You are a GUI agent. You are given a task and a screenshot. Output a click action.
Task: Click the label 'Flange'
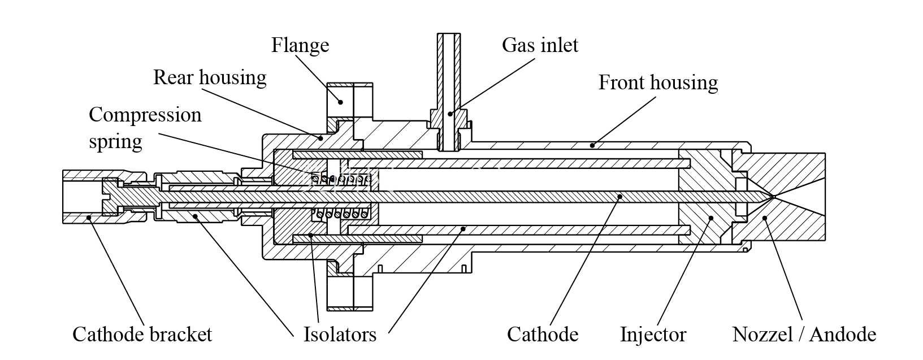pos(300,45)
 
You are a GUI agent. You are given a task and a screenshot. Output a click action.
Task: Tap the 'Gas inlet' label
pos(540,45)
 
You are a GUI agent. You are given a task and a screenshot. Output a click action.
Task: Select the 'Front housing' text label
pos(658,83)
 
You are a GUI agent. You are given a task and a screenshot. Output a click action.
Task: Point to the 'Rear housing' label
pos(210,77)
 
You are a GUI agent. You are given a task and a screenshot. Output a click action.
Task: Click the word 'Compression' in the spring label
pos(145,115)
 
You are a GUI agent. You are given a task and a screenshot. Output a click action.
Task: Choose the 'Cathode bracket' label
pos(142,334)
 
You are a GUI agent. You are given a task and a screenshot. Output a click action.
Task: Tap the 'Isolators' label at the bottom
pos(340,334)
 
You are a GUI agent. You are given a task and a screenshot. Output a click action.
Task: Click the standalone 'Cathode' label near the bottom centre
pos(542,334)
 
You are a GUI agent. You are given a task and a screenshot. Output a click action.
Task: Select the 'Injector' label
pos(653,334)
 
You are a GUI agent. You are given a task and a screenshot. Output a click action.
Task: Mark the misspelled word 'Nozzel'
pos(762,334)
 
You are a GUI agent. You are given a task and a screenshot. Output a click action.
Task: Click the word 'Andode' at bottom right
pos(843,334)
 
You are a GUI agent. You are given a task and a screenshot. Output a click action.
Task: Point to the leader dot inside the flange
pos(340,102)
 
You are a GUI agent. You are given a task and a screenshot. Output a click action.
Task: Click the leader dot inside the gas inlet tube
pos(450,114)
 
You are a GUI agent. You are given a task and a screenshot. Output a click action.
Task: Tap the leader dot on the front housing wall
pos(592,145)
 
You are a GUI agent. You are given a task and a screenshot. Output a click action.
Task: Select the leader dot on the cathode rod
pos(619,197)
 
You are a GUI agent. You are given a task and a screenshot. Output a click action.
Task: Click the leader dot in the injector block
pos(710,218)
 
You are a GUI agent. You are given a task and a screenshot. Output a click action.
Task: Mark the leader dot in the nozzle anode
pos(764,218)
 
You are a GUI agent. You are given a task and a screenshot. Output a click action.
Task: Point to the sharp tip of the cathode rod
pos(773,197)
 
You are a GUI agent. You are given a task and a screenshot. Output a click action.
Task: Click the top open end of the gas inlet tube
pos(449,34)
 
